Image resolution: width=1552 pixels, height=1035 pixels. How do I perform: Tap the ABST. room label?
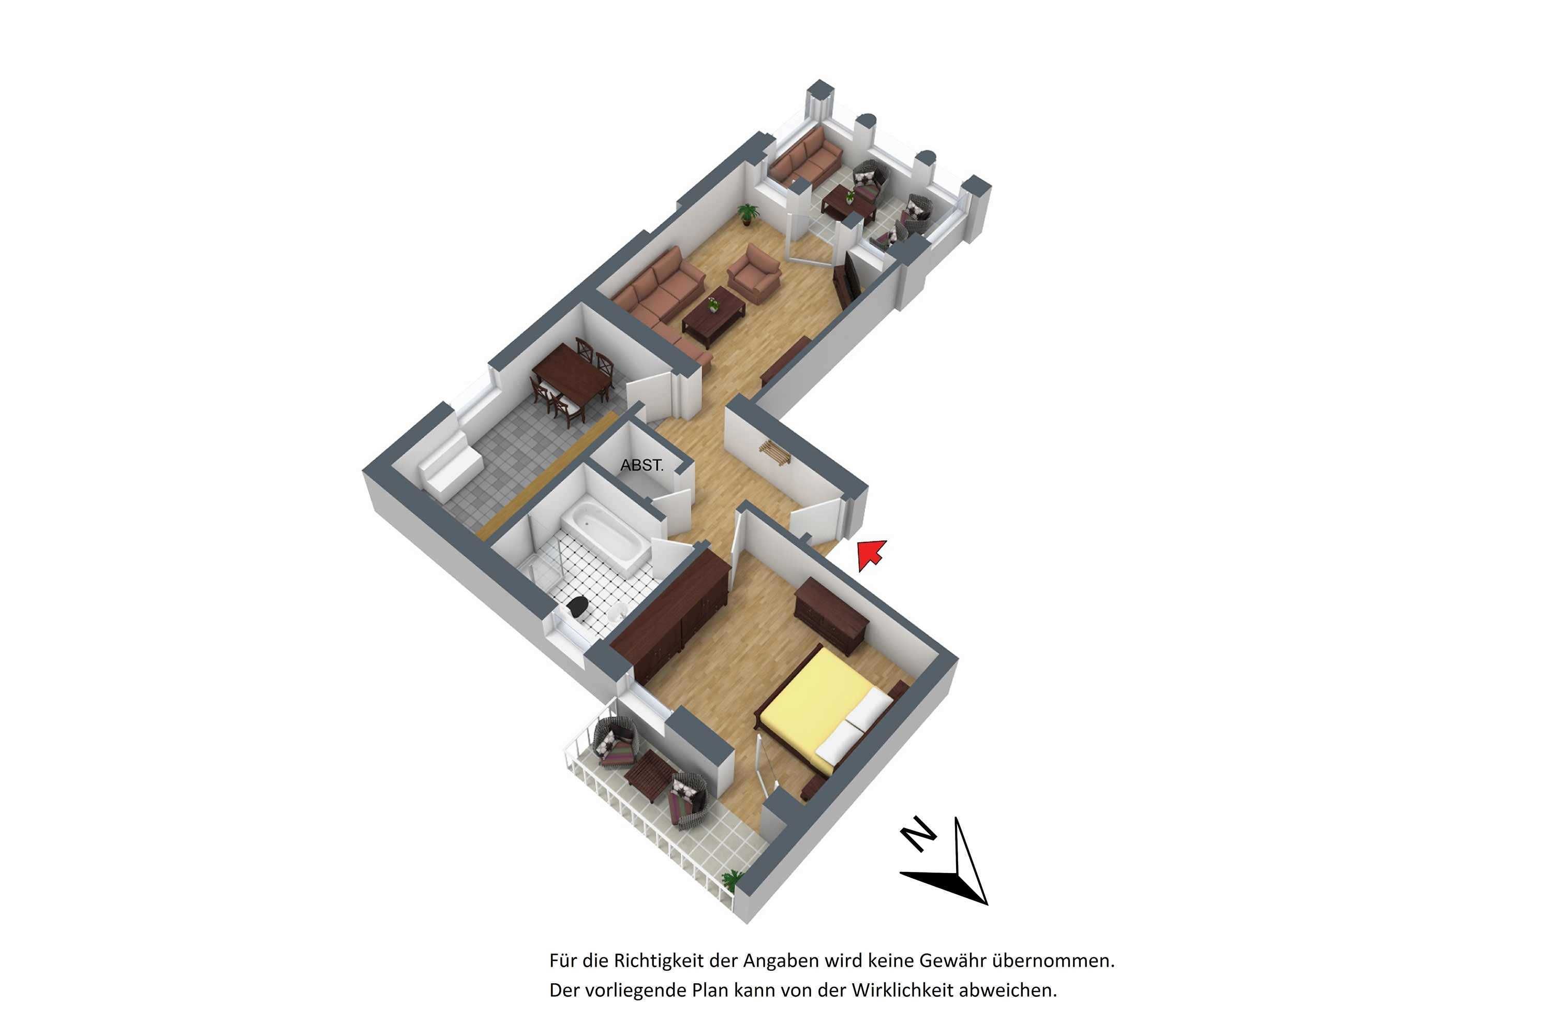click(x=641, y=465)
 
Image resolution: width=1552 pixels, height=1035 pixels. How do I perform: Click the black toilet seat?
click(x=578, y=606)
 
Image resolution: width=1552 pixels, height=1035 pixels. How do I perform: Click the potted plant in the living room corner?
click(x=748, y=214)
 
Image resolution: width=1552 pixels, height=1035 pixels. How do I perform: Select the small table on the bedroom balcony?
click(x=650, y=776)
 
